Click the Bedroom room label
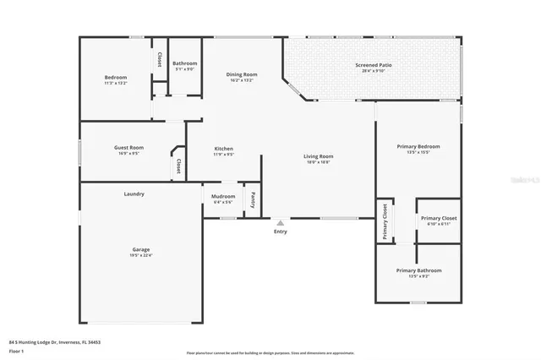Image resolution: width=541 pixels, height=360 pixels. (x=115, y=77)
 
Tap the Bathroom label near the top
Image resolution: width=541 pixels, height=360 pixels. (x=184, y=63)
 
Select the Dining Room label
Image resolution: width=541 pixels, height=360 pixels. (x=241, y=74)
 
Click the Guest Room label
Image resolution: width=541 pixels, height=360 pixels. (x=129, y=147)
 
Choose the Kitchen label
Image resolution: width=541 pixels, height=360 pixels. (x=223, y=149)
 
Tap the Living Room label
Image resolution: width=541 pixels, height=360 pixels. (x=319, y=156)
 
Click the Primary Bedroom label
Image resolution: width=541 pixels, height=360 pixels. (x=418, y=146)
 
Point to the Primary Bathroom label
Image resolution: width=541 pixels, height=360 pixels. (x=418, y=270)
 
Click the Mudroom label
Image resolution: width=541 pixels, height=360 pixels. (x=223, y=197)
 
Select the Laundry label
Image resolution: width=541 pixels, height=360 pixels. (x=134, y=194)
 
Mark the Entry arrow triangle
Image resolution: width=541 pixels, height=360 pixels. (x=281, y=223)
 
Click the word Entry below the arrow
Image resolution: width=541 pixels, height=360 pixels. (x=281, y=232)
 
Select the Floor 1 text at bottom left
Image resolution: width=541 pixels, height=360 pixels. (x=16, y=350)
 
